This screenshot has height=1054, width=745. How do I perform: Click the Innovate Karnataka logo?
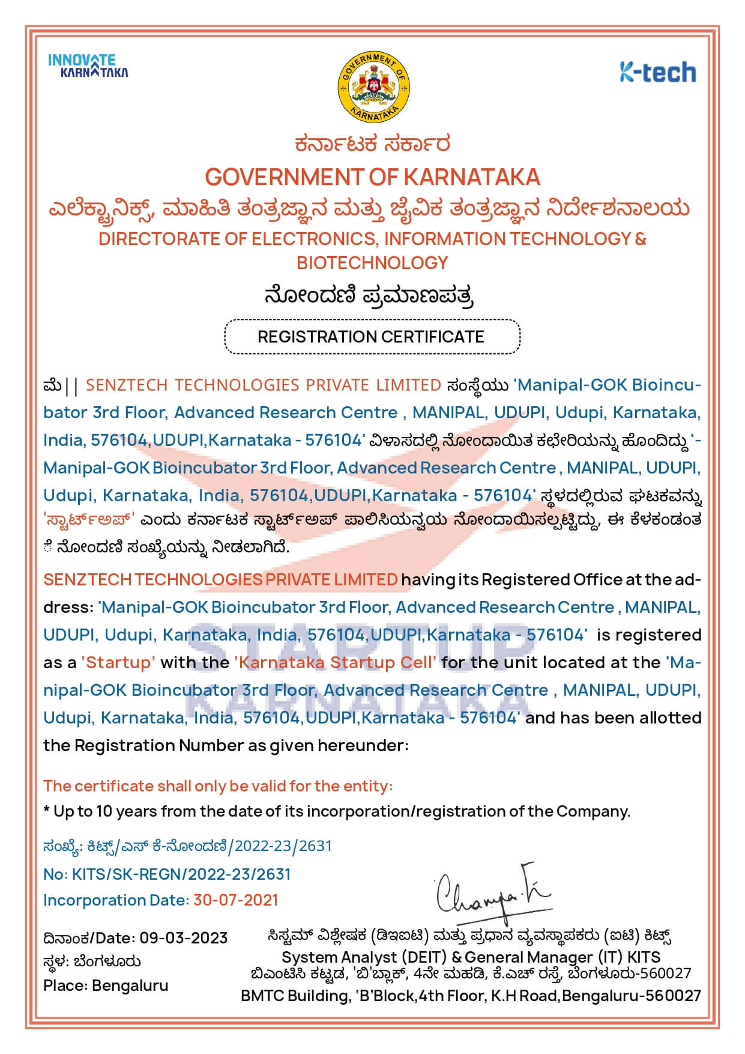pos(88,66)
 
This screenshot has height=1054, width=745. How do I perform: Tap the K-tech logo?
pos(658,72)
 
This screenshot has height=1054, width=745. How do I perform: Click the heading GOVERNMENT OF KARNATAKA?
pos(372,177)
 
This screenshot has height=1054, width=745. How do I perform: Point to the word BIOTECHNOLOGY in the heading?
pos(372,263)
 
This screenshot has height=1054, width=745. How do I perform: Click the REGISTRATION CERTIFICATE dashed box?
pos(372,337)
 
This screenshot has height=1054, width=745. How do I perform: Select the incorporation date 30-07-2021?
pos(236,900)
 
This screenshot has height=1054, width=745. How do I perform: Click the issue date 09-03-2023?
pos(184,938)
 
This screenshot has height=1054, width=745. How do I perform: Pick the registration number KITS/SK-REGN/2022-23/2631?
pos(181,874)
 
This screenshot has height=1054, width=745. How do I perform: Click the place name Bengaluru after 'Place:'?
pos(130,985)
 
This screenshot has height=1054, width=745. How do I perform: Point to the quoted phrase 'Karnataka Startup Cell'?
pos(336,662)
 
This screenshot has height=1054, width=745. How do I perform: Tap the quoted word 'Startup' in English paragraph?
pos(118,662)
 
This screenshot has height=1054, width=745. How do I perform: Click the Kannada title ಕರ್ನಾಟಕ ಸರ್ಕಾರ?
pos(372,144)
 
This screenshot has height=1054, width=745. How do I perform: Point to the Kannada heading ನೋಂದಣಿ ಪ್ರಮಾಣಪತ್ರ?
pos(369,296)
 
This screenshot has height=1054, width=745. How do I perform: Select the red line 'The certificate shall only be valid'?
pos(218,785)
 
